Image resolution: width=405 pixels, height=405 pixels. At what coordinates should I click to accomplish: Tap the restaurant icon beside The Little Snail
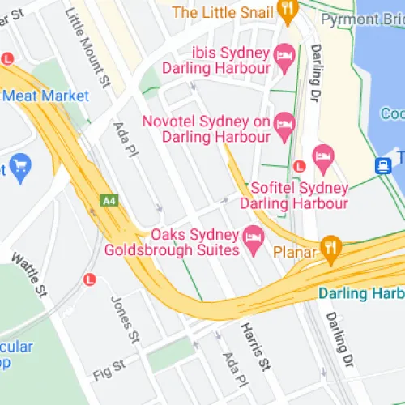288,9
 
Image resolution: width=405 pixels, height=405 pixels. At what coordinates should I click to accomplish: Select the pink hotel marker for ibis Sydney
284,55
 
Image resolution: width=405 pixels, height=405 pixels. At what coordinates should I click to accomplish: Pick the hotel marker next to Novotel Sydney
283,123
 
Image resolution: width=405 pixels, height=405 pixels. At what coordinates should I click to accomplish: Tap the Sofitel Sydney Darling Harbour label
300,195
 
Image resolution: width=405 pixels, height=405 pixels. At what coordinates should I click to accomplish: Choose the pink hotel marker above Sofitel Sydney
323,158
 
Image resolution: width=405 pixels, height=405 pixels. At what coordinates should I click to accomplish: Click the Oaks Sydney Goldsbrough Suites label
172,242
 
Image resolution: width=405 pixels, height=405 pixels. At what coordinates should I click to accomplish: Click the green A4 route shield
109,199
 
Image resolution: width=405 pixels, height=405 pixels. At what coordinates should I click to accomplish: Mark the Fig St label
111,369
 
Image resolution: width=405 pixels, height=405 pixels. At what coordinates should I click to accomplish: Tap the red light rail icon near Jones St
89,279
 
